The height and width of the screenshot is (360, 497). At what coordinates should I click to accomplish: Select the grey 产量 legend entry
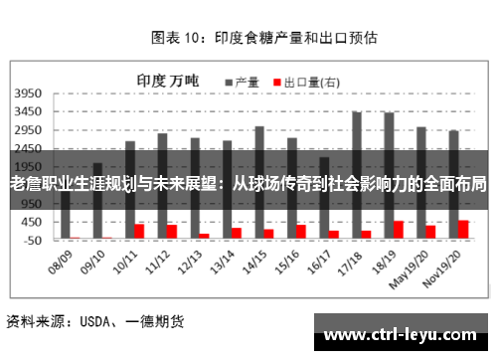point(243,81)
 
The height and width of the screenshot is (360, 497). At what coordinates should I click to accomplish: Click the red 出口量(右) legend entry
point(307,81)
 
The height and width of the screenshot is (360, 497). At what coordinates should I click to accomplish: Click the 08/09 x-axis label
point(61,261)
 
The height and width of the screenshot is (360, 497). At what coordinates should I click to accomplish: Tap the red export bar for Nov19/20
point(463,230)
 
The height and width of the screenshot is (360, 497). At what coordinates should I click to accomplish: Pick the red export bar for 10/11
point(140,232)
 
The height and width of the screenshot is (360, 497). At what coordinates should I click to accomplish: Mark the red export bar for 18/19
point(399,230)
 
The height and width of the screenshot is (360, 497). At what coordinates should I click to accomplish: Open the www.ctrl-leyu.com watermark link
point(400,333)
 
